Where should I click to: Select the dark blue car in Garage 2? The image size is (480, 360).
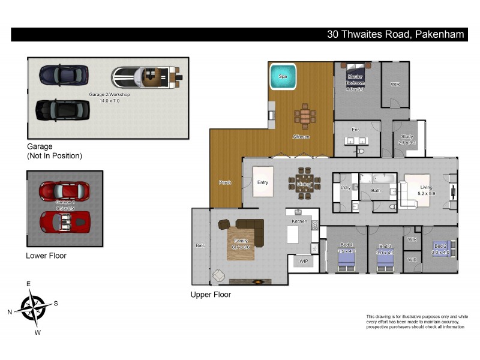[64, 75]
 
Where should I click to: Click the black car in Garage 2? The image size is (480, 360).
[62, 110]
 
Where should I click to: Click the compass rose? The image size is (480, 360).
[33, 307]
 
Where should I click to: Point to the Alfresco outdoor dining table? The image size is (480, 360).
[305, 116]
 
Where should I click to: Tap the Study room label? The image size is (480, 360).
[407, 137]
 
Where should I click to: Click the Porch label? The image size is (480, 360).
[225, 182]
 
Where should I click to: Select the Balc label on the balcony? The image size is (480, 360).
[200, 245]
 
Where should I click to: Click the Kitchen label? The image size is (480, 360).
[299, 221]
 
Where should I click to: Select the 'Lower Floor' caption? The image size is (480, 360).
[46, 256]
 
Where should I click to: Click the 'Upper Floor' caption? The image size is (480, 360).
[211, 295]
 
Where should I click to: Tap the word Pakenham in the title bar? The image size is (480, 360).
[439, 34]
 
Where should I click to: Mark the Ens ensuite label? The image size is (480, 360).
[355, 130]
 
